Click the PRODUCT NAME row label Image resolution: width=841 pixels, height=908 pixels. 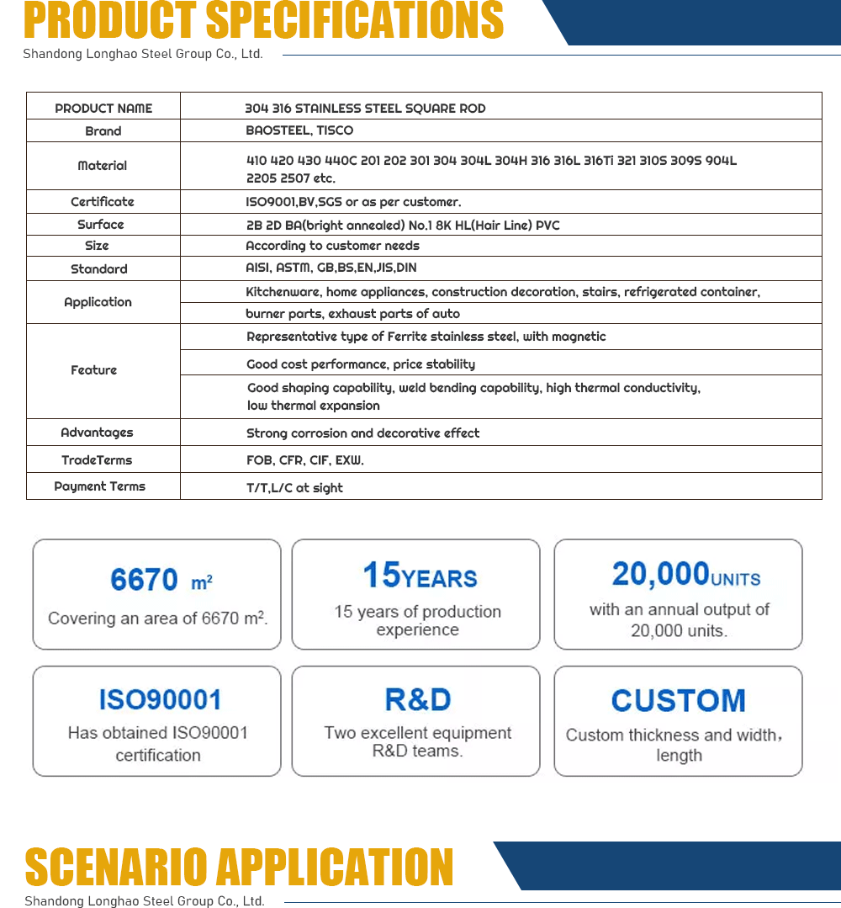coord(103,109)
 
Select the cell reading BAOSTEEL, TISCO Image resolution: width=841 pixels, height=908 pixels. coord(299,130)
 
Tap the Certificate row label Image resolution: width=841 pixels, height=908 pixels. coord(103,202)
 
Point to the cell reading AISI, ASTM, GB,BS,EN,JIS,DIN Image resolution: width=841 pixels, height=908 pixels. coord(331,268)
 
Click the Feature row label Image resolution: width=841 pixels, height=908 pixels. coord(94,370)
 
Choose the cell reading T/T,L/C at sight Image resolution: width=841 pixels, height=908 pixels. coord(294,487)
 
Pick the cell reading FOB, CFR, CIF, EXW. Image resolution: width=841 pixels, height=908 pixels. coord(304,460)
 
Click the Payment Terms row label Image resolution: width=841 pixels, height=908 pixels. coord(100,486)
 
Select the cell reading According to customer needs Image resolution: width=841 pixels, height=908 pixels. coord(332,246)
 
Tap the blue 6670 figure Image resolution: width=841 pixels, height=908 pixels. coord(145,580)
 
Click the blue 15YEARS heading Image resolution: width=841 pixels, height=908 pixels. coord(420,576)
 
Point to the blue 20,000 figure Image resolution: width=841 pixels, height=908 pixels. coord(660,574)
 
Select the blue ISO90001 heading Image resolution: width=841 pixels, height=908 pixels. coord(160,700)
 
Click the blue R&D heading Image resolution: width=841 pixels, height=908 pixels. coord(417,699)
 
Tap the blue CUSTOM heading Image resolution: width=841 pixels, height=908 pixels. coord(678,700)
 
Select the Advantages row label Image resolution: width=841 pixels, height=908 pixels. coord(97,433)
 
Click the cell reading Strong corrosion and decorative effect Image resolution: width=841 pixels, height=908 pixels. coord(362,433)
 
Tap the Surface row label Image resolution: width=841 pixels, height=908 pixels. coord(101,225)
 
